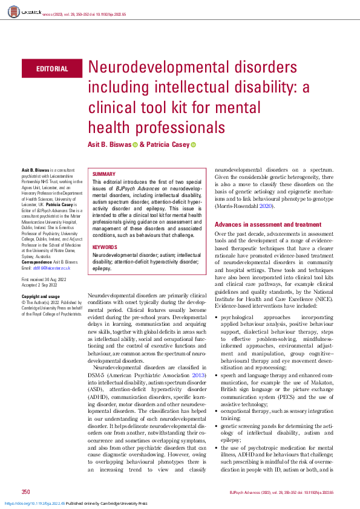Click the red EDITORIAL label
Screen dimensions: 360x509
[x=52, y=69]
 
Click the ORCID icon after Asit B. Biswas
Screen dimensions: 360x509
[x=136, y=144]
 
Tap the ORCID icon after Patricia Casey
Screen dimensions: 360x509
[x=194, y=144]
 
